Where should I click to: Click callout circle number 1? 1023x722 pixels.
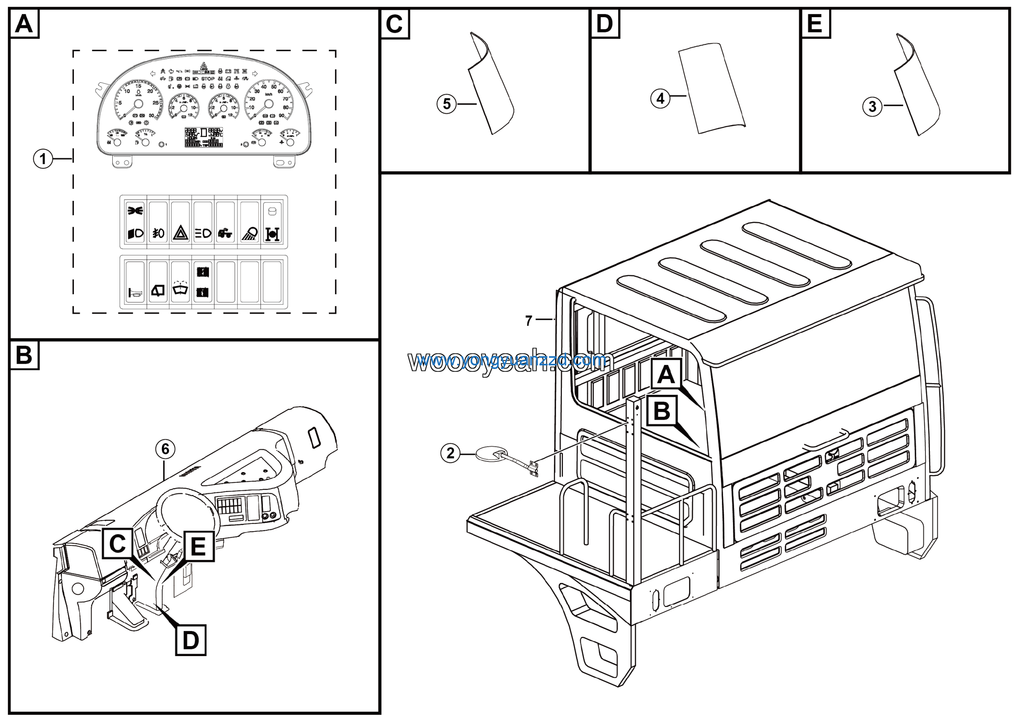43,159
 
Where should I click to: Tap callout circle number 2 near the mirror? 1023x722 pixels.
450,453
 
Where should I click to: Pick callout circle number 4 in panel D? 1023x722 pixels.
660,98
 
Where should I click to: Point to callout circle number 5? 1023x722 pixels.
446,104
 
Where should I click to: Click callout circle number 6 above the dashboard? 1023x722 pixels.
165,449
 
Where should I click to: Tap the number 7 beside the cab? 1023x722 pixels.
528,321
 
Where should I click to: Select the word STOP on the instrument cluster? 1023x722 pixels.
208,79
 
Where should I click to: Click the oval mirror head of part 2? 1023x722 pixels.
489,454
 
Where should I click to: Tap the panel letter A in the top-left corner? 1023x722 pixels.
24,24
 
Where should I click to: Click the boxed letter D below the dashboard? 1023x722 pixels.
191,641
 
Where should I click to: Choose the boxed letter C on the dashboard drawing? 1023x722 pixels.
117,543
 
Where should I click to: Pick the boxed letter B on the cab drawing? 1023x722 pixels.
662,411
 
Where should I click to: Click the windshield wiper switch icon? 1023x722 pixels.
180,291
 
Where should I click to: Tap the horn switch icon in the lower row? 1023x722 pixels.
135,292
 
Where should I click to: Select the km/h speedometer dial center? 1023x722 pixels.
268,104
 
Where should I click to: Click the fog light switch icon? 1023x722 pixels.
158,233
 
